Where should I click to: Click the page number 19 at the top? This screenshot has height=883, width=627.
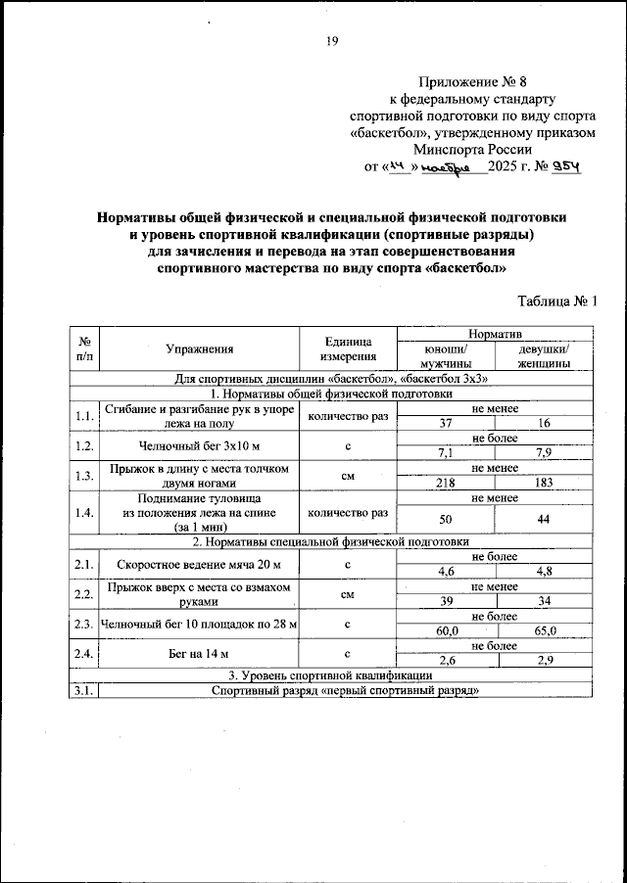331,41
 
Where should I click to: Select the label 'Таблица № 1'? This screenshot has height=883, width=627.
555,302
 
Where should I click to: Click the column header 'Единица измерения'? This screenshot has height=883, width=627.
348,348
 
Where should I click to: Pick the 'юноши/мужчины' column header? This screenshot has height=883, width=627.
446,355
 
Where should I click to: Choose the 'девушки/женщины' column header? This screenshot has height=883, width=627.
547,355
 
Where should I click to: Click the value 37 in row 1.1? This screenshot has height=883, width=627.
446,423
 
